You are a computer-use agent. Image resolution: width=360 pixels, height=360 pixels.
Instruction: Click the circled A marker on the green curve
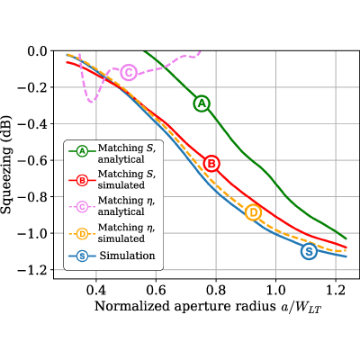[202, 103]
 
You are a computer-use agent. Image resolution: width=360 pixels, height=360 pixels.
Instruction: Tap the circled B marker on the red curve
[211, 164]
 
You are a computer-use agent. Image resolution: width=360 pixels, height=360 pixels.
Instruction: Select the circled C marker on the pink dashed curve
[129, 72]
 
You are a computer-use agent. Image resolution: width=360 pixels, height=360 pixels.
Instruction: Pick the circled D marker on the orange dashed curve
[254, 212]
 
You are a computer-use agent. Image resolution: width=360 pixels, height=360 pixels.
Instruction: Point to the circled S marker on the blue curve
[309, 251]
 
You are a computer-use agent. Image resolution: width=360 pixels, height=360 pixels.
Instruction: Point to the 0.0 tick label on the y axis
[38, 51]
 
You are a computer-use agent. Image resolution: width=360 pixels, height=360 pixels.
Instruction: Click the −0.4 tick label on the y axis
[32, 124]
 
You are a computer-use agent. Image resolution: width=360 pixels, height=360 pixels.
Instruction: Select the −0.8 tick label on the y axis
[32, 197]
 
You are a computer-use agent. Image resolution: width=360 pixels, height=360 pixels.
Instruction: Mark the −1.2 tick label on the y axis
[32, 270]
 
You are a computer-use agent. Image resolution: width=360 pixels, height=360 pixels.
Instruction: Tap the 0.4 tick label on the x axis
[95, 290]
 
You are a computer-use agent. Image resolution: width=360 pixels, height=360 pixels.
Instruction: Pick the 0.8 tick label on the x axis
[216, 290]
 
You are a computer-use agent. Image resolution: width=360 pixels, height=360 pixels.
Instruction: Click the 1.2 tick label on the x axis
[336, 290]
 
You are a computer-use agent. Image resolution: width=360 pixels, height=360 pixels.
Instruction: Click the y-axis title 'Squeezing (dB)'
[6, 165]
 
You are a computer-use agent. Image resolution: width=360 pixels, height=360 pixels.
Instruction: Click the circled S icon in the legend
[82, 256]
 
